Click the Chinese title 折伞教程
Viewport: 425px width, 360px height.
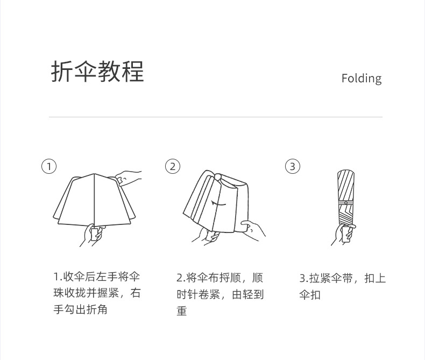(x=97, y=71)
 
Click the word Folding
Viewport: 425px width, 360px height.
(x=362, y=79)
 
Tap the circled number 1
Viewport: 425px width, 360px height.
(x=49, y=166)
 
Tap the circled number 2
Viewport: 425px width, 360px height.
(x=173, y=166)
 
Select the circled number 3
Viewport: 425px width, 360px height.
(x=293, y=166)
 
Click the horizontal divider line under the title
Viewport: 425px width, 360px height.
(x=216, y=117)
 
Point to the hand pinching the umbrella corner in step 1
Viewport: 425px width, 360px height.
(x=128, y=178)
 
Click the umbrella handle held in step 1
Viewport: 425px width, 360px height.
(x=95, y=234)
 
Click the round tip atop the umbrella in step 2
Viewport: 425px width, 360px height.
(x=218, y=176)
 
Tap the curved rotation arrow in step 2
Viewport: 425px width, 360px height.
(x=218, y=204)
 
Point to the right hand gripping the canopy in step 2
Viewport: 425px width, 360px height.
(x=253, y=230)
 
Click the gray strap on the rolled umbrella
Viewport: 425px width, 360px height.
(x=346, y=203)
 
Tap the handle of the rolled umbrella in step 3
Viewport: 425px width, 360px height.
(x=346, y=234)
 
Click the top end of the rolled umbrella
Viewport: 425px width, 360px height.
(x=346, y=171)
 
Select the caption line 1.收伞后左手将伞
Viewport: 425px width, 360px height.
(x=97, y=277)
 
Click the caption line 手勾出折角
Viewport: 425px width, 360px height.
(x=81, y=309)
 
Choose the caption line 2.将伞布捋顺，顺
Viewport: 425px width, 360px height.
(x=220, y=278)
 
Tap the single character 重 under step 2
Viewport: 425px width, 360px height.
(x=182, y=310)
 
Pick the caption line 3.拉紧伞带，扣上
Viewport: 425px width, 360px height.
(x=343, y=278)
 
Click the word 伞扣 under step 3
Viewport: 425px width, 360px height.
(x=310, y=295)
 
